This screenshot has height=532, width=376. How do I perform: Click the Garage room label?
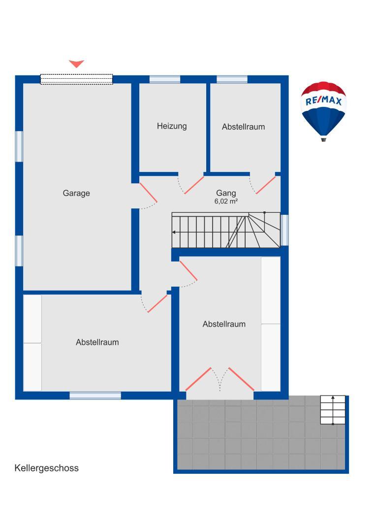point(76,193)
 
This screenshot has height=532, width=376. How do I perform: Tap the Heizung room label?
point(172,126)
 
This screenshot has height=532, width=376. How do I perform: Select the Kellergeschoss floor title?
point(47,468)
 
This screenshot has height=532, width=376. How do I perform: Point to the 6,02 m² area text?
point(226,201)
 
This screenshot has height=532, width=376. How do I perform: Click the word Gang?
point(226,193)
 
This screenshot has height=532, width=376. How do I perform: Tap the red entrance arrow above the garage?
point(76,64)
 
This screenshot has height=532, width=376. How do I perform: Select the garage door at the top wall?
point(76,79)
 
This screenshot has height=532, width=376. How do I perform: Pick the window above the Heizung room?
point(164,79)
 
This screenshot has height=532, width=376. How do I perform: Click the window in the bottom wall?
point(95,395)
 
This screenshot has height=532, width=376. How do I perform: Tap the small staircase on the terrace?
point(333,410)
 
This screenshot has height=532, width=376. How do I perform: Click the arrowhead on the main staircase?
point(174,232)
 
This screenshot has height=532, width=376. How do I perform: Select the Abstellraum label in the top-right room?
point(243,127)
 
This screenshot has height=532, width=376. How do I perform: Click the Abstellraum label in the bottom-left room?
point(97,342)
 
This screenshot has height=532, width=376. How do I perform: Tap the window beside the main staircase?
point(284,230)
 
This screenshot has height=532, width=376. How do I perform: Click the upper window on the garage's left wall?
point(19,146)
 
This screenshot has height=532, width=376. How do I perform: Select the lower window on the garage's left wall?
point(19,251)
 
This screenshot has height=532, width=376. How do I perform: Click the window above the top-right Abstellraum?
point(232,79)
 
